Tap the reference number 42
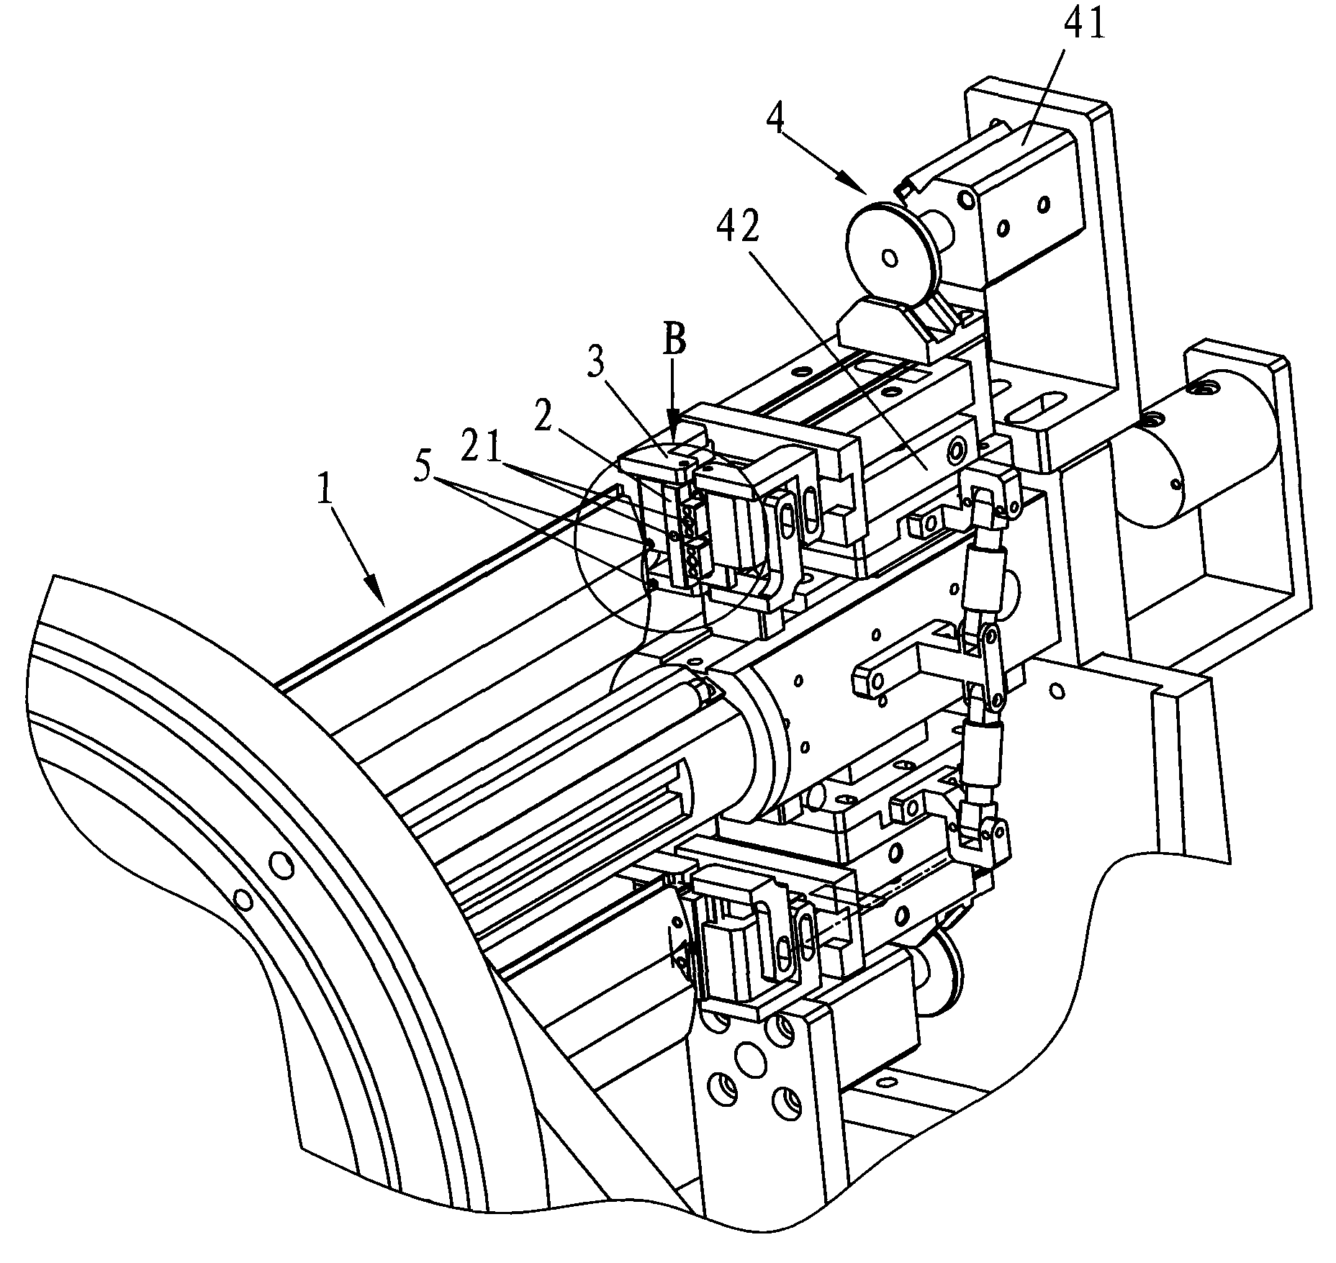740,227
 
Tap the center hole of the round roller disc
889,258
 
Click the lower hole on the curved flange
243,900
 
